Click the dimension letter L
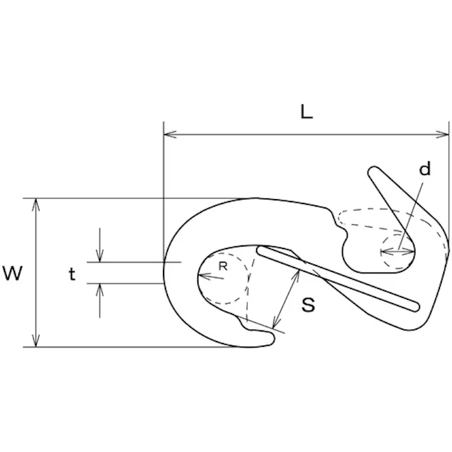click(x=306, y=112)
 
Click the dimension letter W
click(x=13, y=273)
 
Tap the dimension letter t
click(x=72, y=273)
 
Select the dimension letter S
click(x=308, y=305)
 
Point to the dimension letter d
click(x=425, y=169)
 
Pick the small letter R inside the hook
click(x=223, y=266)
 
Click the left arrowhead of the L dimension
click(x=170, y=134)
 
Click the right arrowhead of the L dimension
click(x=442, y=134)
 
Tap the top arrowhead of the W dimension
click(x=36, y=205)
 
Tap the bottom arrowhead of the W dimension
click(x=36, y=340)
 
